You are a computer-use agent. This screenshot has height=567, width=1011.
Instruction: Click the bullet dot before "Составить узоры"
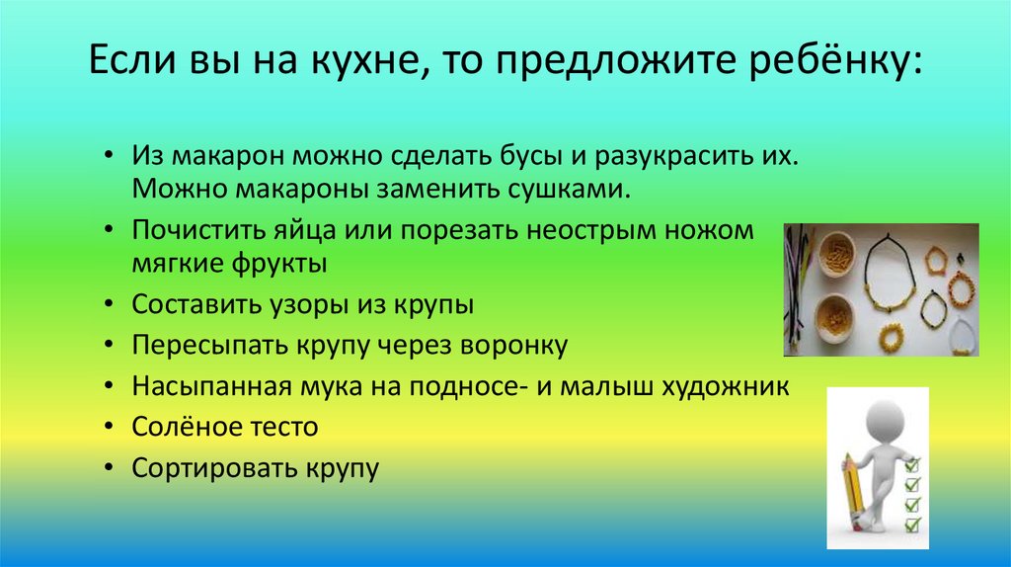110,306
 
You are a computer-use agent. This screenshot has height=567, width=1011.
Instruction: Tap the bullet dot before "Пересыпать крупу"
110,347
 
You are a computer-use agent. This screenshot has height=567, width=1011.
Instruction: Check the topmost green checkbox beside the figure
913,463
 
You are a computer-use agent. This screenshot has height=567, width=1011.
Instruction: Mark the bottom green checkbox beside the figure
913,524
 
